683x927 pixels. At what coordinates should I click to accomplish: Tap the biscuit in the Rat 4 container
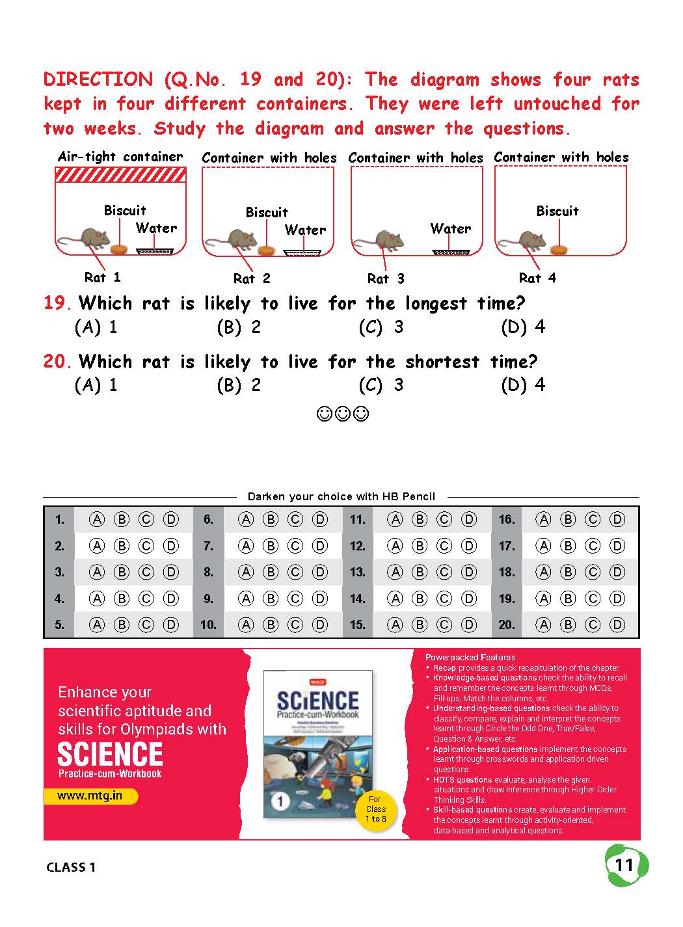coord(557,249)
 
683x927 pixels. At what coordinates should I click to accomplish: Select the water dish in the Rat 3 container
coord(451,251)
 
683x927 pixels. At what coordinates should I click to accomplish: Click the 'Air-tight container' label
coord(120,157)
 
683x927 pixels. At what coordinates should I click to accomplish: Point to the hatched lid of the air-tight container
coord(120,174)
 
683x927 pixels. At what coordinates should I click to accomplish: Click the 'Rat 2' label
coord(251,278)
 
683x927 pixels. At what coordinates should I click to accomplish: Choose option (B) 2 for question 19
coord(239,327)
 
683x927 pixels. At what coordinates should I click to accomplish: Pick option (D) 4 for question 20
coord(523,385)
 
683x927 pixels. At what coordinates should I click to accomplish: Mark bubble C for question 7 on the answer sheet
coord(295,546)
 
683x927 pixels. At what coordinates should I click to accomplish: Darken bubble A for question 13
coord(395,572)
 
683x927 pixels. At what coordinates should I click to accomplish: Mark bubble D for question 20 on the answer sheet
coord(617,625)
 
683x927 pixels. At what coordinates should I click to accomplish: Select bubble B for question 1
coord(122,519)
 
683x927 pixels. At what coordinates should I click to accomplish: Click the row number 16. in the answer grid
coord(506,519)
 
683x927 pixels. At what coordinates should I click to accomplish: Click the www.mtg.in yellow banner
coord(90,796)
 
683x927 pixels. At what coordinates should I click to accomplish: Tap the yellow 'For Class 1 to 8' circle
coord(375,809)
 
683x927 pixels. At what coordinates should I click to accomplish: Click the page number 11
coord(623,865)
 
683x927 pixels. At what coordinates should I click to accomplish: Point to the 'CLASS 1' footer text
coord(71,867)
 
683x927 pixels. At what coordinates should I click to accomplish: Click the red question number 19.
coord(55,303)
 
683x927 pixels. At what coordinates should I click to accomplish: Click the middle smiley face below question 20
coord(342,414)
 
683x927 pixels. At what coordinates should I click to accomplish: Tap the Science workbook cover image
coord(318,743)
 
